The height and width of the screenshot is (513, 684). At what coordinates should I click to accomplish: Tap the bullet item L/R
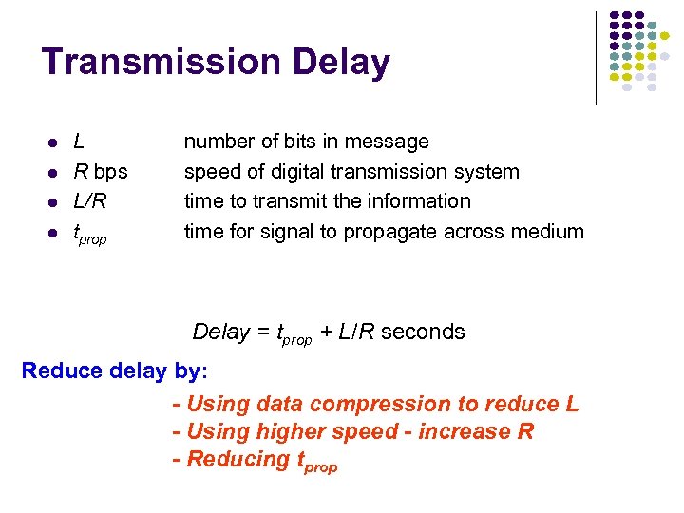pos(90,201)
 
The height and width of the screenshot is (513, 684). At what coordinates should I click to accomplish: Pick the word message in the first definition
pos(390,142)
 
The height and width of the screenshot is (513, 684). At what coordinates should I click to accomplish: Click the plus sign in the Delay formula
pos(325,332)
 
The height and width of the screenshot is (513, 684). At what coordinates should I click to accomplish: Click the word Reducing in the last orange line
pos(237,459)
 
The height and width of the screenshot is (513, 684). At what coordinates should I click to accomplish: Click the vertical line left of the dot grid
pos(596,57)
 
